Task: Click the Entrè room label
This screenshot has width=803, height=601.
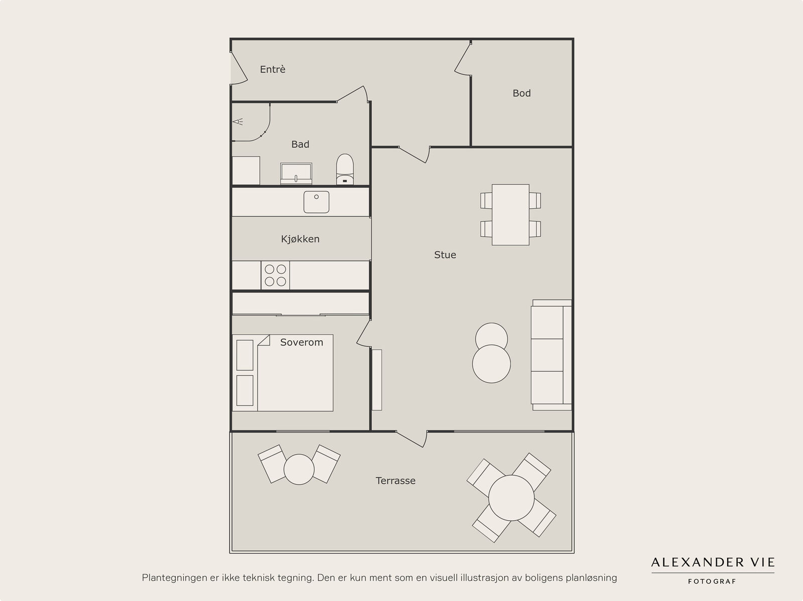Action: point(273,69)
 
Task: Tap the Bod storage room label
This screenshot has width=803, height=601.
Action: point(521,93)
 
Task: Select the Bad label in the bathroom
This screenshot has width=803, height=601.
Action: point(300,144)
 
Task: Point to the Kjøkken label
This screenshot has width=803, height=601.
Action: point(300,239)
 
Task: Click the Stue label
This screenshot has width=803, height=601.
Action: point(445,255)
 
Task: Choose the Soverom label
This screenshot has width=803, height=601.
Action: point(302,342)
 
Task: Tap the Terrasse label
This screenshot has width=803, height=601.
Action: point(395,481)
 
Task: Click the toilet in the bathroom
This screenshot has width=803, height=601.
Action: point(345,169)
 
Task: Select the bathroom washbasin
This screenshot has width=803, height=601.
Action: point(296,173)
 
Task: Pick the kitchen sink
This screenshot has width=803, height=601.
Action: point(316,202)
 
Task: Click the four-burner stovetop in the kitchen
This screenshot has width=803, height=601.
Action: point(275,275)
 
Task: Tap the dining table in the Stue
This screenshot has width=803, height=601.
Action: point(510,215)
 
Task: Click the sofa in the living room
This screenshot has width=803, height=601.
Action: point(551,355)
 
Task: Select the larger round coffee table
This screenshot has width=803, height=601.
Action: point(491,364)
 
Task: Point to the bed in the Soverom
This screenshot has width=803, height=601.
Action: point(283,373)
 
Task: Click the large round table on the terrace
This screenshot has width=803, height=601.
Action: point(511,498)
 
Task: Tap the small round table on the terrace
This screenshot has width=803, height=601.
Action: point(299,470)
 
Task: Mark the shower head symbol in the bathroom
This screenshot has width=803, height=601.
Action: point(238,121)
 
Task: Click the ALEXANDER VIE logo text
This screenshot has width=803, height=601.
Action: point(713,562)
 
